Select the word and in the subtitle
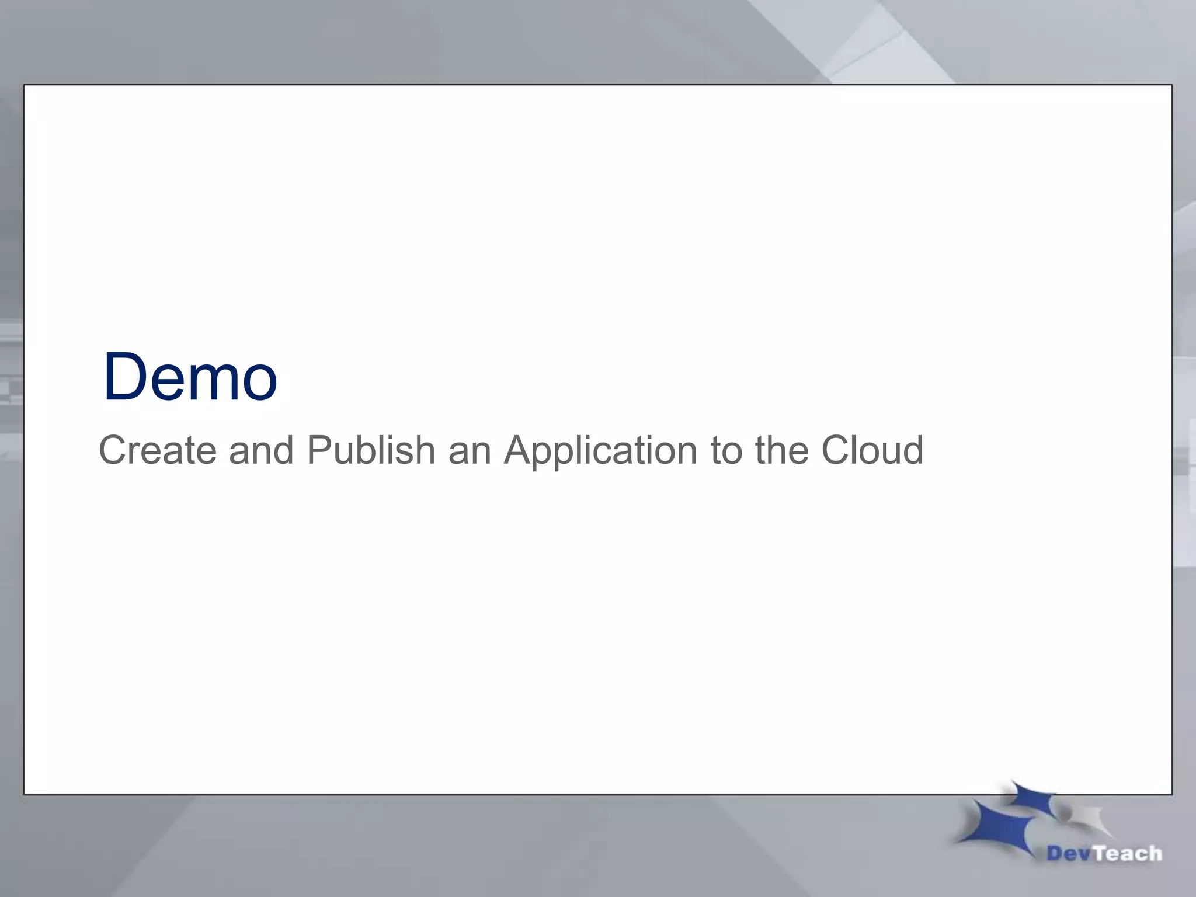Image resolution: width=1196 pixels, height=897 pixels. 261,450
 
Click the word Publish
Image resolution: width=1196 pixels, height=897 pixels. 371,450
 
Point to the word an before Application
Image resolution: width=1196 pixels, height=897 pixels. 470,450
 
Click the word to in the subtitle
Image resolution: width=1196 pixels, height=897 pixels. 725,450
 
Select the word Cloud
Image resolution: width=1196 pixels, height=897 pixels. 872,450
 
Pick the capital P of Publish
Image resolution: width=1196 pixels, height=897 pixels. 318,450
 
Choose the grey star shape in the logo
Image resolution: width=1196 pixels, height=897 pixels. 1083,818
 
